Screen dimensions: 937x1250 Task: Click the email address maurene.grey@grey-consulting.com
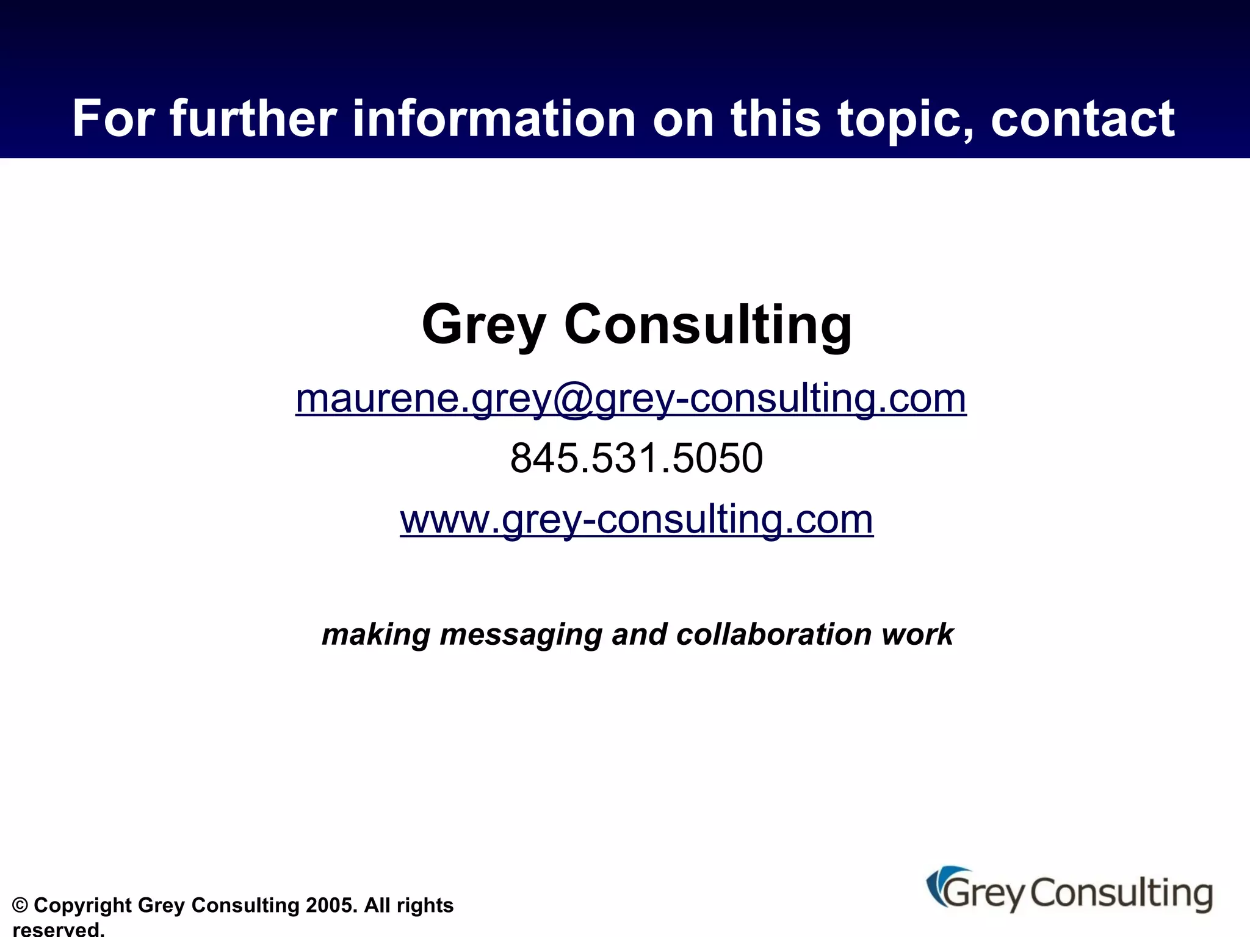[x=630, y=399]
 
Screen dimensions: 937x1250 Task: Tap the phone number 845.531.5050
[x=637, y=458]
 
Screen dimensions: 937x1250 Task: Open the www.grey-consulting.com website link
[x=637, y=520]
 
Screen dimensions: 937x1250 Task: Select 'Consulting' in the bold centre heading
[x=707, y=325]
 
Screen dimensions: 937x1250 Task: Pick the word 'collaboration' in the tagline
[x=774, y=634]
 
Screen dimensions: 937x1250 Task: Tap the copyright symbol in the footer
[x=20, y=905]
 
